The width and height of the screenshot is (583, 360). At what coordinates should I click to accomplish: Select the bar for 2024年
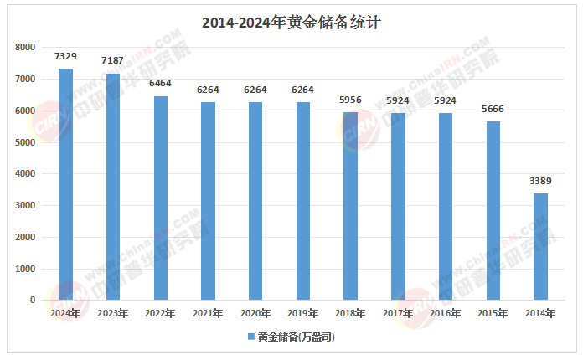[x=65, y=184]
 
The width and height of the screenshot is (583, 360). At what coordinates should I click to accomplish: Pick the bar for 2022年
[x=161, y=198]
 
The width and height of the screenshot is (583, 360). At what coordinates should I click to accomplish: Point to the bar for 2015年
[x=493, y=210]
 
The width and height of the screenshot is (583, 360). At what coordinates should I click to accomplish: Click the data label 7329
[x=65, y=56]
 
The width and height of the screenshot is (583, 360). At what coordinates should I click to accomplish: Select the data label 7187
[x=113, y=61]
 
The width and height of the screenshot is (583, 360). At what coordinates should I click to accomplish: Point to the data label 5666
[x=493, y=109]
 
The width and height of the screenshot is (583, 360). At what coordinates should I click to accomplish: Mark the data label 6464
[x=161, y=84]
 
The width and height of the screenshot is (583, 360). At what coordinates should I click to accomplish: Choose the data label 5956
[x=351, y=100]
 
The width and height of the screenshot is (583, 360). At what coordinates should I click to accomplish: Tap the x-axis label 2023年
[x=113, y=314]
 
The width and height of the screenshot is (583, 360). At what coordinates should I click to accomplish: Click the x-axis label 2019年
[x=303, y=314]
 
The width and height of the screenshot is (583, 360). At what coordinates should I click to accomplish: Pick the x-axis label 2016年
[x=446, y=314]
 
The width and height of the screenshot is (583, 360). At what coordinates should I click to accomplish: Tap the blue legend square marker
[x=250, y=337]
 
